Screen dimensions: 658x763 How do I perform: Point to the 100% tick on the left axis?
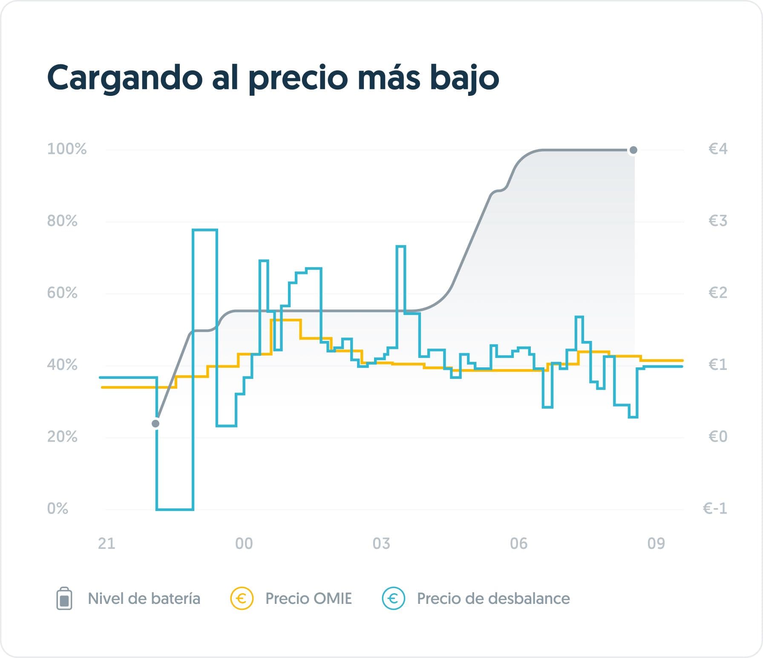(67, 149)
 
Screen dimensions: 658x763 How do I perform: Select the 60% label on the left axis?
(62, 293)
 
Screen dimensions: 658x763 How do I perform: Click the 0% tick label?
(58, 508)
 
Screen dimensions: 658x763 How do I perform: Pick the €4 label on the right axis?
(718, 149)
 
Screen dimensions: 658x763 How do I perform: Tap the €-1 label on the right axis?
(715, 508)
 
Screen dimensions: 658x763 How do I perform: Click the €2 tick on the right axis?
(718, 293)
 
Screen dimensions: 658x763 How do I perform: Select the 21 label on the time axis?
(107, 543)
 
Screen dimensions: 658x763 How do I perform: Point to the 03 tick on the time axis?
(381, 543)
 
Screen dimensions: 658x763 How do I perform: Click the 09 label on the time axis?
(656, 543)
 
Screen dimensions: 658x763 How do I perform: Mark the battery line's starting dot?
(155, 424)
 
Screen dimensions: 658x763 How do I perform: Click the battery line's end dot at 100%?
(633, 150)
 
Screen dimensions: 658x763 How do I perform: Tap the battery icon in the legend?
(64, 599)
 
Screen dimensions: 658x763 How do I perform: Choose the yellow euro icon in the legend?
(242, 598)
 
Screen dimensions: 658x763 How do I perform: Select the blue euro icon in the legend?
(393, 598)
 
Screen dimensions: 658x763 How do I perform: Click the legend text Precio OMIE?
(308, 598)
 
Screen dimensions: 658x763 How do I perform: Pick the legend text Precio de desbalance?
(493, 598)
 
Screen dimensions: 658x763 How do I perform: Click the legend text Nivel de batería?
(144, 598)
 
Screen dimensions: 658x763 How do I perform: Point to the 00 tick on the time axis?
(244, 543)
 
